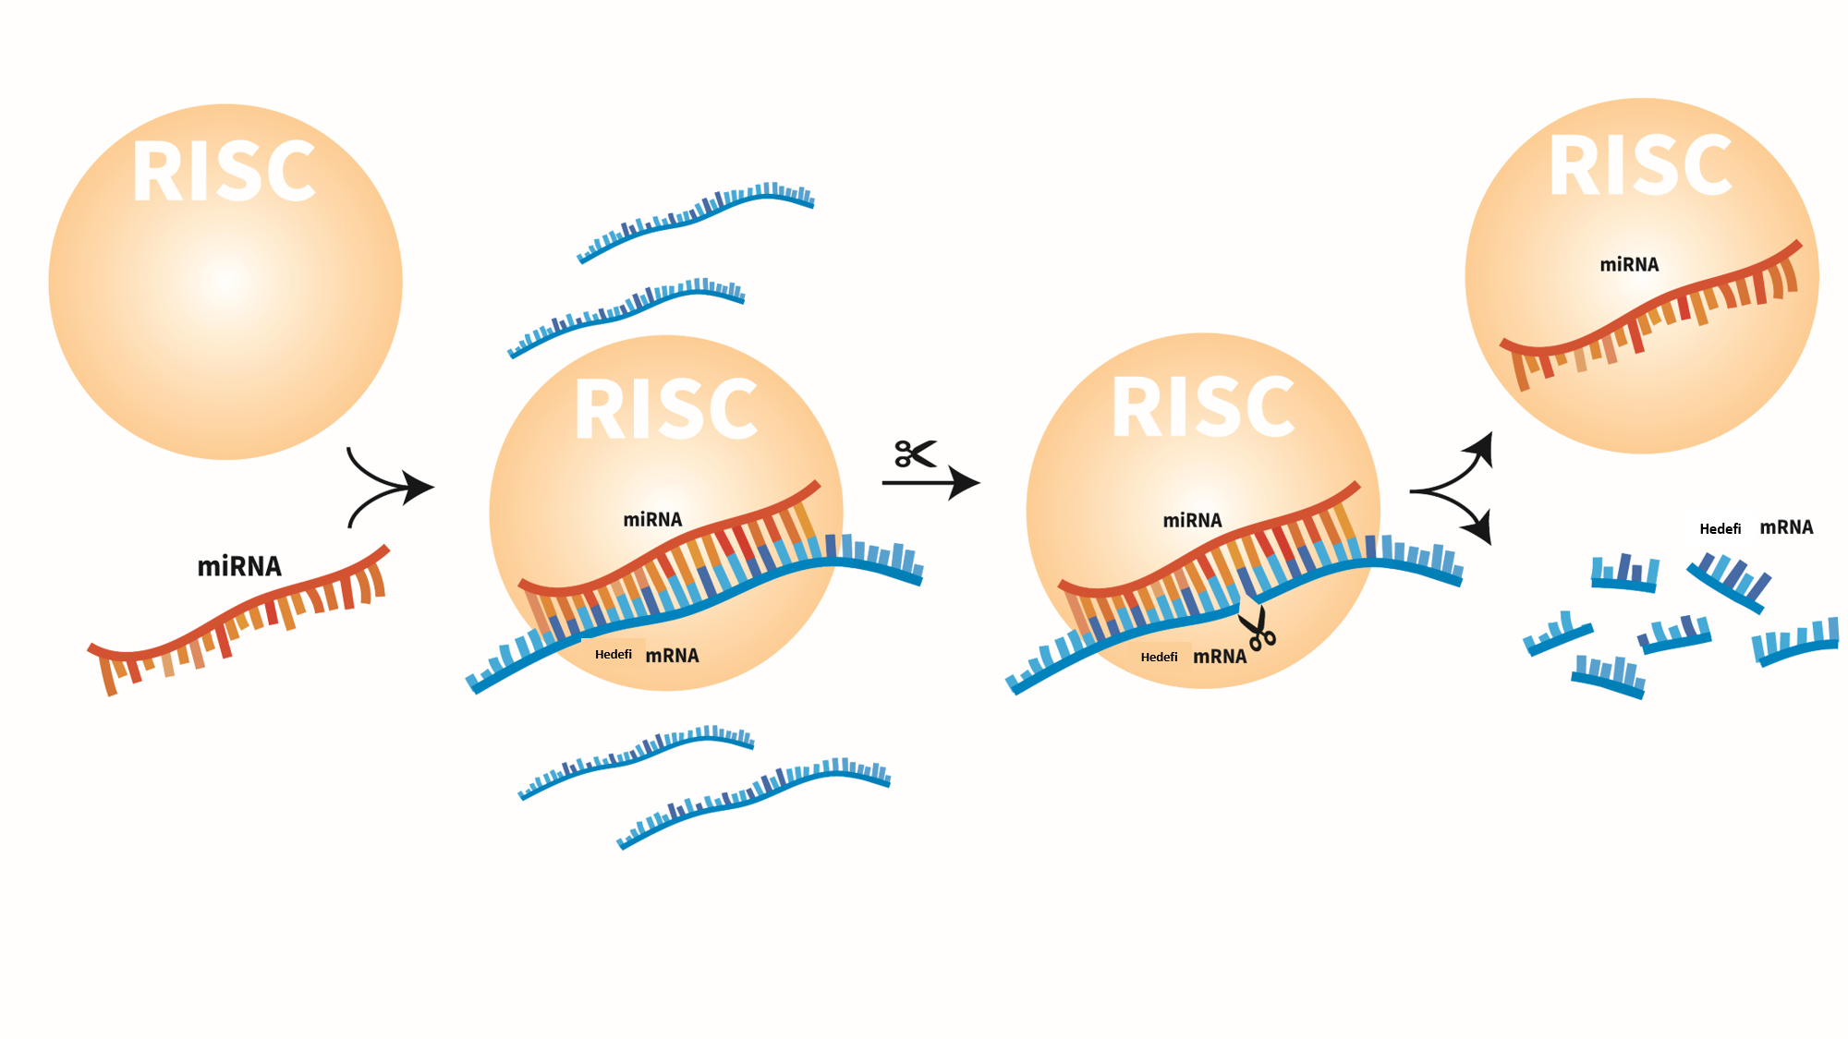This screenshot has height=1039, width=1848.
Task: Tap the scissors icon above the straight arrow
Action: pos(915,453)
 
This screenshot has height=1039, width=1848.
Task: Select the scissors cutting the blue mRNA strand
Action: pos(1258,629)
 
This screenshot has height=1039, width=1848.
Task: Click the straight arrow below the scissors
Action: pos(930,482)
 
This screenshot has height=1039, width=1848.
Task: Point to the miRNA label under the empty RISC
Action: pos(239,566)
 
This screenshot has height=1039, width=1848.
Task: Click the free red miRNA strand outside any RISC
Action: pos(238,619)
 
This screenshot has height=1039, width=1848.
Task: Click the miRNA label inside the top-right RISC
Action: pos(1629,265)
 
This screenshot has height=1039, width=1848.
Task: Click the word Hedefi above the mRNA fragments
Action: pos(1720,529)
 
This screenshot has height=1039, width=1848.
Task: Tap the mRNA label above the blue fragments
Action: pos(1786,527)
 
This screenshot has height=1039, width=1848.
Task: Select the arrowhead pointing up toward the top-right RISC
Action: pos(1481,449)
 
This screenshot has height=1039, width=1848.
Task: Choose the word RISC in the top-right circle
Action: pos(1640,166)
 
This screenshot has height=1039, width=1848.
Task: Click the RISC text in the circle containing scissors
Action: pos(1203,407)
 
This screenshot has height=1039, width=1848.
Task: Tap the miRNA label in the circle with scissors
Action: pos(1192,521)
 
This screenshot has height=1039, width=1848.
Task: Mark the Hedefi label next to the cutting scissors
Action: pos(1159,658)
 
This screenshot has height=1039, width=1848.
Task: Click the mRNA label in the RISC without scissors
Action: pos(672,656)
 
